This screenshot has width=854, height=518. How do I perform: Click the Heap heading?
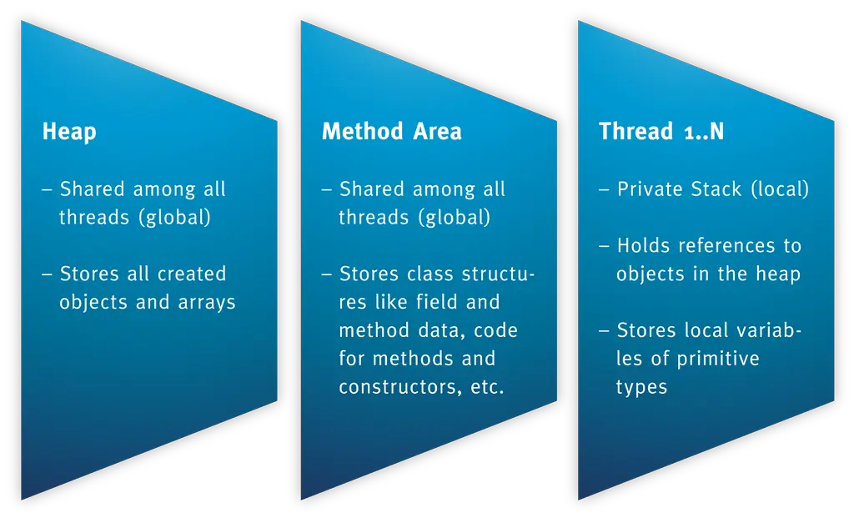point(69,132)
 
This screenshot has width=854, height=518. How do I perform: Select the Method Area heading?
point(391,132)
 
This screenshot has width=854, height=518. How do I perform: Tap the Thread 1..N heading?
point(661,132)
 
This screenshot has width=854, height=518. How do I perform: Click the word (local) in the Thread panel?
point(780,189)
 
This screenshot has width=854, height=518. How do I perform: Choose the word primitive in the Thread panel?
point(718,360)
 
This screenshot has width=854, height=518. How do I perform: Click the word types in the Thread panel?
point(641,388)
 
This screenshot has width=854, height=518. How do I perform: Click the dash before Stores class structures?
point(327,274)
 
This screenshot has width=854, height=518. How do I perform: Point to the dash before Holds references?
point(605,246)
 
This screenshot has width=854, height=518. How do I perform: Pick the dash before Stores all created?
point(48,274)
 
